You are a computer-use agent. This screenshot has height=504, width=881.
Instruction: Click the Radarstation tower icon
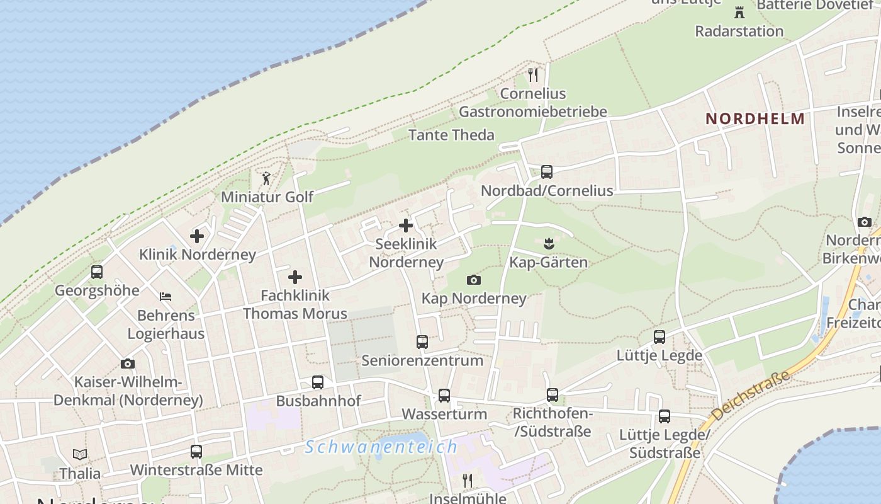(739, 12)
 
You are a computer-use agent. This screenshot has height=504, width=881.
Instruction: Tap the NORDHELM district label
(755, 118)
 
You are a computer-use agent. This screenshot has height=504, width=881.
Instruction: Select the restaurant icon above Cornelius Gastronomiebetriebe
(534, 75)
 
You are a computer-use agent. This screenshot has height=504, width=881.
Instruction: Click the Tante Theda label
(451, 135)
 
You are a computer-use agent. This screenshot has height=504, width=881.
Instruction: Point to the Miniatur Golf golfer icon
(266, 178)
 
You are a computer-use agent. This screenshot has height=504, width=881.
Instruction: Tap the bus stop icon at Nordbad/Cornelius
(547, 171)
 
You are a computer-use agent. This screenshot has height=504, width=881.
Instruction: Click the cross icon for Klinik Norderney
(197, 236)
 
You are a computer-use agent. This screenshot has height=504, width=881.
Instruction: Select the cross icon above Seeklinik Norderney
(406, 225)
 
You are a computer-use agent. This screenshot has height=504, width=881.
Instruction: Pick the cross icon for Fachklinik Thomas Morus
(295, 277)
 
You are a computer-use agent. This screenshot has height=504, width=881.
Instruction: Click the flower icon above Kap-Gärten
(548, 243)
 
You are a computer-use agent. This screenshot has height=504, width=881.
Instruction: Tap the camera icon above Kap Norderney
(474, 280)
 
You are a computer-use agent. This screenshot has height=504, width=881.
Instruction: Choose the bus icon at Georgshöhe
(97, 272)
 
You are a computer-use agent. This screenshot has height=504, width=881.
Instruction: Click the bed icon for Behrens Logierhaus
(166, 296)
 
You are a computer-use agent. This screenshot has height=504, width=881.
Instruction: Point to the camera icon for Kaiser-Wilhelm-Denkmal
(128, 364)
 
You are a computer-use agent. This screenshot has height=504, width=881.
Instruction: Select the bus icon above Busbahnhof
(318, 382)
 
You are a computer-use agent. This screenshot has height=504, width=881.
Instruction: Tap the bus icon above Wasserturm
(444, 396)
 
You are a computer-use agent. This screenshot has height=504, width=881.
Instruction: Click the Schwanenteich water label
(381, 447)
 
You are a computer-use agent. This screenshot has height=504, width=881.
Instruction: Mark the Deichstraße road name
(750, 397)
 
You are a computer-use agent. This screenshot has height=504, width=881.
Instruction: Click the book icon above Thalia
(80, 454)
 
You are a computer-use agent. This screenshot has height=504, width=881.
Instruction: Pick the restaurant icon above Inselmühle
(468, 481)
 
